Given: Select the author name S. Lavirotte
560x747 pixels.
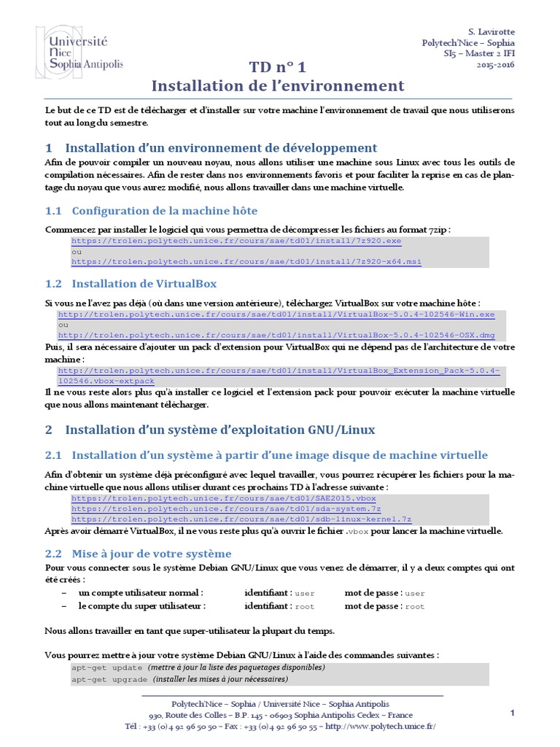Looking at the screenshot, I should (x=491, y=32).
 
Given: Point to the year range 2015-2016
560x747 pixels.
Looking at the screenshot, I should (x=496, y=65).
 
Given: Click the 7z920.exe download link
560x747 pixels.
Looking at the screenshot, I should (x=236, y=241).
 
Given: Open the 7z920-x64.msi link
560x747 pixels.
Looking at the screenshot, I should (x=246, y=261).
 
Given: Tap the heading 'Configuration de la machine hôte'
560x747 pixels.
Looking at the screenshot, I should (x=164, y=211).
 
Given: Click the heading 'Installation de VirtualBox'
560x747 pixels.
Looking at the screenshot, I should (x=144, y=283).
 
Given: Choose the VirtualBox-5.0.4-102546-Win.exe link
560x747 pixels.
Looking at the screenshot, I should (x=276, y=314).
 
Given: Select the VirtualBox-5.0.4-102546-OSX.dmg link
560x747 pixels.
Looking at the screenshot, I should (x=276, y=335).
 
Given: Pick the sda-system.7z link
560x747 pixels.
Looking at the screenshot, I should (x=226, y=508).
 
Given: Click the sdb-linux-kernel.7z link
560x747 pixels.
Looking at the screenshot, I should (x=241, y=519).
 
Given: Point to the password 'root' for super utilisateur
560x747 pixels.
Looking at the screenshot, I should (x=414, y=606).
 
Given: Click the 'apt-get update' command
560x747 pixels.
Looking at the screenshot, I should (x=107, y=667).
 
